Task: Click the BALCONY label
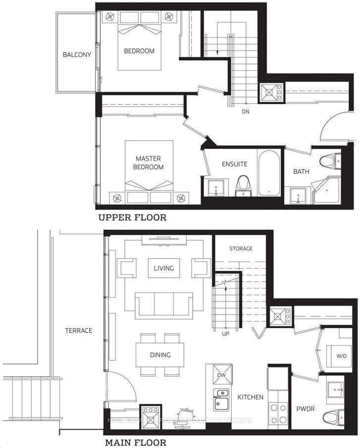[77, 54]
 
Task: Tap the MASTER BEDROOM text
[150, 163]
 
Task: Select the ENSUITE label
[234, 164]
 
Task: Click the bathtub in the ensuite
[270, 173]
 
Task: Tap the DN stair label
[245, 111]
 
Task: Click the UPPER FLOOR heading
[132, 217]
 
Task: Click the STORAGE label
[241, 249]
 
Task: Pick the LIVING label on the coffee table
[163, 268]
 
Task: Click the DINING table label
[160, 355]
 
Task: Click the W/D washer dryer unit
[342, 356]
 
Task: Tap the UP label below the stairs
[225, 334]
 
